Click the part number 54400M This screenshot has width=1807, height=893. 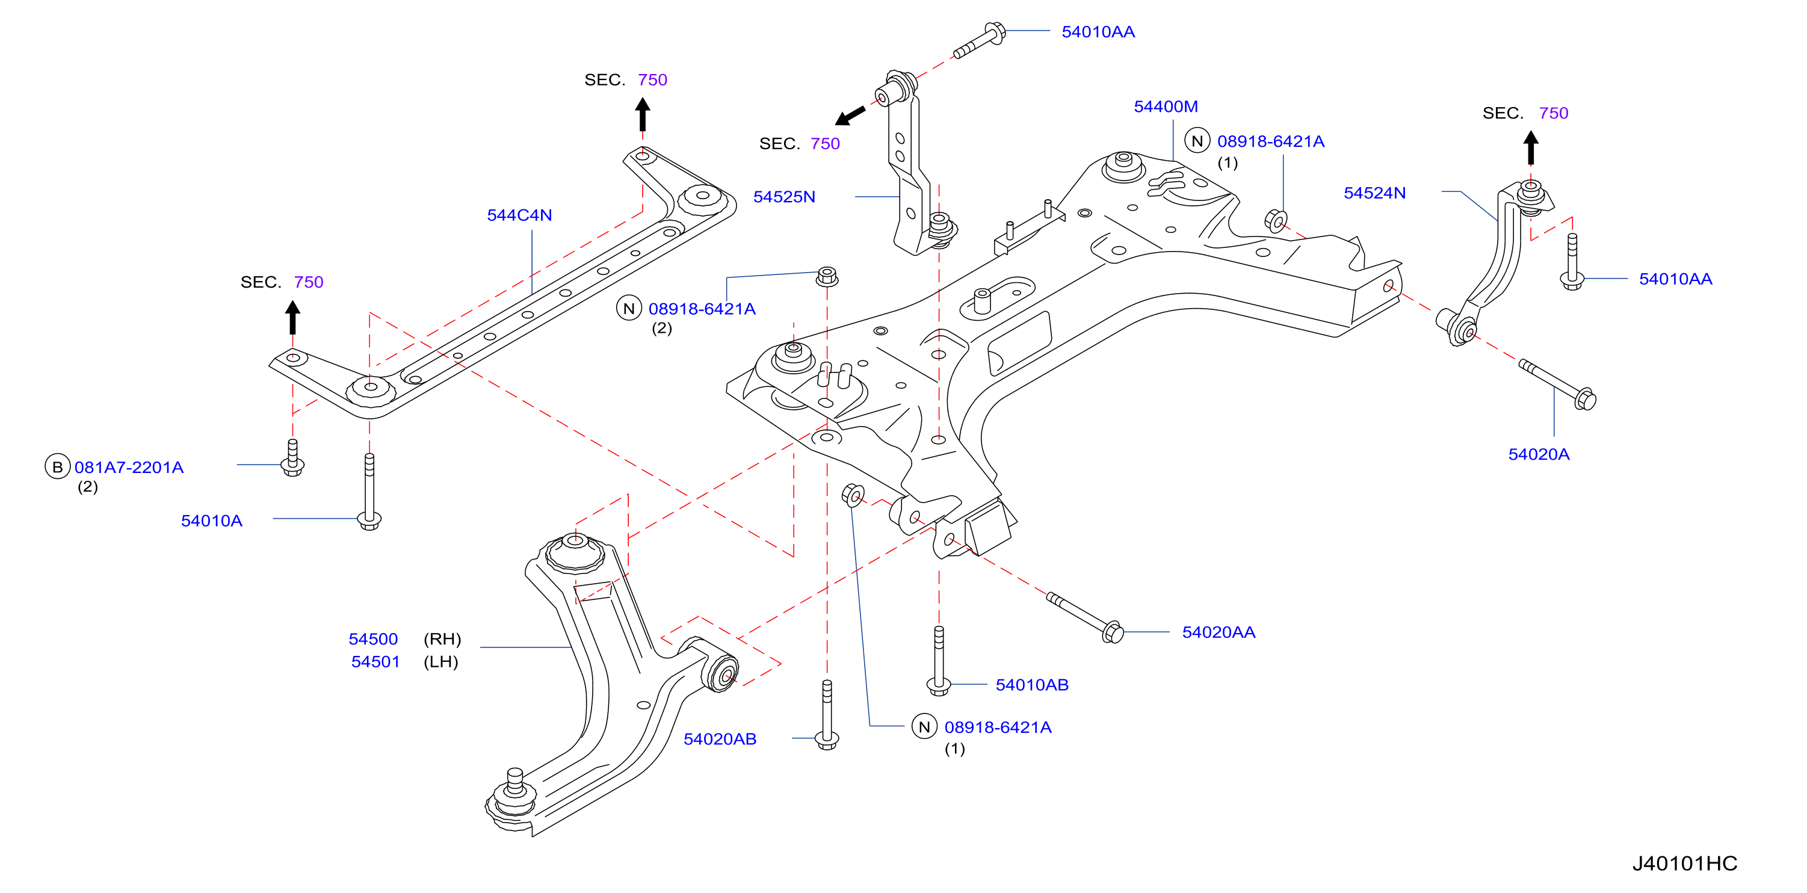(1166, 107)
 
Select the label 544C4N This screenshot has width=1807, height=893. (519, 215)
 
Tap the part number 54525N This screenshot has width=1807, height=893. (784, 197)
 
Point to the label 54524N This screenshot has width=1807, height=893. (1374, 193)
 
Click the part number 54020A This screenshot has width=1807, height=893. (1539, 454)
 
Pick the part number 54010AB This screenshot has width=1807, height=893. (1032, 685)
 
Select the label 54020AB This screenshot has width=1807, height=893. (720, 740)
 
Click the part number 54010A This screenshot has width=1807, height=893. (212, 521)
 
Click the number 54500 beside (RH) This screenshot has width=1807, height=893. (373, 640)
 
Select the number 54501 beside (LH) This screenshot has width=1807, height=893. (375, 662)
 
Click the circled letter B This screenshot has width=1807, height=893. (58, 467)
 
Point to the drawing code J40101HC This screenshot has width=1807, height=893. (1685, 864)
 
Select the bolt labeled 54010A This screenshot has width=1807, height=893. (369, 492)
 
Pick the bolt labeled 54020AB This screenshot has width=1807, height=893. (827, 715)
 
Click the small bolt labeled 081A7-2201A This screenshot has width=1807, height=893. (292, 457)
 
